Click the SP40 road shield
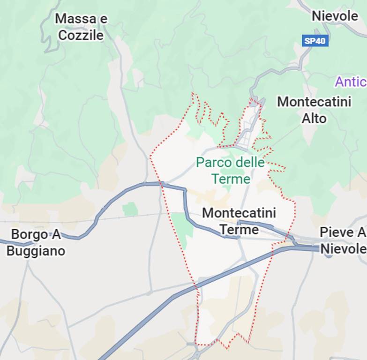click(x=315, y=41)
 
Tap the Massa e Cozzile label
click(x=81, y=27)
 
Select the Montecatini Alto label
click(x=314, y=110)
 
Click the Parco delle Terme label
click(x=230, y=171)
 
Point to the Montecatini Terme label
click(x=239, y=221)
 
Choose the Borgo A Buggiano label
click(x=36, y=242)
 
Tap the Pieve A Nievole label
click(x=343, y=240)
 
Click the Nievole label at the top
click(x=335, y=16)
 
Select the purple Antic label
click(x=350, y=82)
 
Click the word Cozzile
click(x=81, y=35)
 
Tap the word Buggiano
click(x=36, y=251)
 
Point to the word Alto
click(x=314, y=118)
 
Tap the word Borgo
click(x=29, y=234)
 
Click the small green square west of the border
click(x=130, y=209)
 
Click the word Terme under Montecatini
click(x=239, y=229)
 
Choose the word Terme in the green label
click(x=231, y=179)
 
